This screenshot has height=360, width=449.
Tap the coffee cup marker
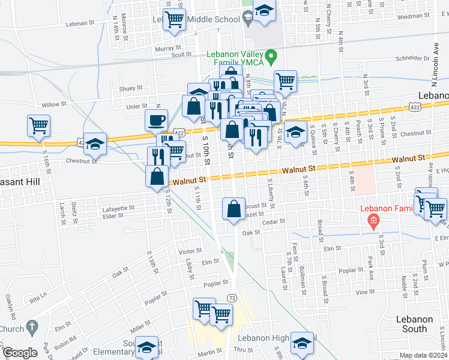pyautogui.click(x=156, y=119)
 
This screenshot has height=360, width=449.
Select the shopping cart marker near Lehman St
pyautogui.click(x=174, y=19)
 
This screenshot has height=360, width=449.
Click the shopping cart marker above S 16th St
pyautogui.click(x=38, y=125)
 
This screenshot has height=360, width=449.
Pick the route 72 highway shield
pyautogui.click(x=232, y=298)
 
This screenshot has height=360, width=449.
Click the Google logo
pyautogui.click(x=19, y=353)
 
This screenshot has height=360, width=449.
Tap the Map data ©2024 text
pyautogui.click(x=423, y=355)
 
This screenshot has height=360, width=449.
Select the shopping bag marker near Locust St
pyautogui.click(x=234, y=208)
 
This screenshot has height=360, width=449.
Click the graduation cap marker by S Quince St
pyautogui.click(x=294, y=131)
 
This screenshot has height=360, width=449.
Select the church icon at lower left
pyautogui.click(x=34, y=328)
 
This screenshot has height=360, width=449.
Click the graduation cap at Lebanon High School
pyautogui.click(x=301, y=343)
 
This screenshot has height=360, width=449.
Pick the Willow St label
pyautogui.click(x=53, y=104)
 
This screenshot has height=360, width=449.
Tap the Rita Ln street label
pyautogui.click(x=39, y=297)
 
